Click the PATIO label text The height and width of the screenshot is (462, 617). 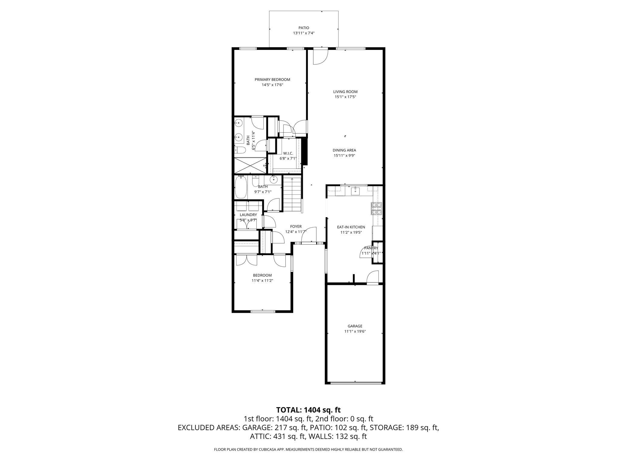(x=304, y=28)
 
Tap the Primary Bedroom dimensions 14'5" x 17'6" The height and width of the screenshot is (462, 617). (x=272, y=85)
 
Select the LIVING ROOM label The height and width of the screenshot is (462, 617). (x=345, y=92)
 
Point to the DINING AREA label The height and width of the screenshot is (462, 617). (x=344, y=150)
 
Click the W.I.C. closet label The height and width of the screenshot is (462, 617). (x=288, y=153)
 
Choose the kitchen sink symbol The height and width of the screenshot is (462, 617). (x=355, y=190)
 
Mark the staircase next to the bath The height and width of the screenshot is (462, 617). (x=292, y=194)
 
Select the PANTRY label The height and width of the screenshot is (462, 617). (x=371, y=248)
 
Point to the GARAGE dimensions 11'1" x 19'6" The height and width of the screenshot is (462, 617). (x=355, y=331)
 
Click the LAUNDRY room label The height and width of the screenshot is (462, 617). (x=248, y=215)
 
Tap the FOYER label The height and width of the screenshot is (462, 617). (x=296, y=226)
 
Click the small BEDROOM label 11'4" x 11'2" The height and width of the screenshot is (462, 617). (x=262, y=275)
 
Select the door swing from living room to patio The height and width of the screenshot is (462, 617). (x=320, y=57)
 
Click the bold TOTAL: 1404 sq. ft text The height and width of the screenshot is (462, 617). (x=308, y=410)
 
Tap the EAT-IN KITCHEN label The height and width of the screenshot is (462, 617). (x=351, y=227)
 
